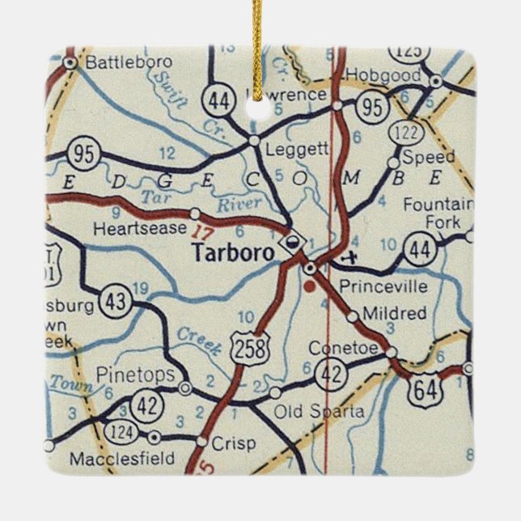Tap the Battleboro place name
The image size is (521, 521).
119,61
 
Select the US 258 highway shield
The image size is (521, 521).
245,348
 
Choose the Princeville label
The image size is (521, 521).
371,286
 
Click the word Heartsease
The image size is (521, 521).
139,229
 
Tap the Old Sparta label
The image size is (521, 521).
320,413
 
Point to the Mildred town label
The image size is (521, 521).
394,312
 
